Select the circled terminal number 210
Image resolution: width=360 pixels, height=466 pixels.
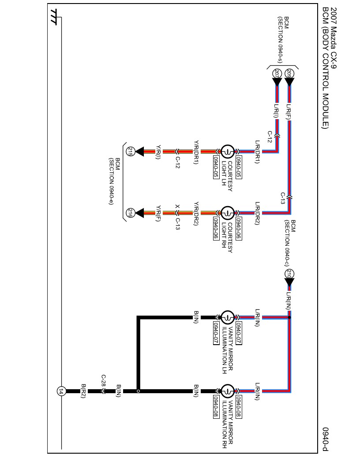pyautogui.click(x=289, y=273)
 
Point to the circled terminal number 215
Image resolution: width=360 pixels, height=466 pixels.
pyautogui.click(x=130, y=151)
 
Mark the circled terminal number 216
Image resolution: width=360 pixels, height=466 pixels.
pyautogui.click(x=130, y=213)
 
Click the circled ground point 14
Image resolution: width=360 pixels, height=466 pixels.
pyautogui.click(x=61, y=391)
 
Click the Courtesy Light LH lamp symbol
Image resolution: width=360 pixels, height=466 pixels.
pyautogui.click(x=227, y=151)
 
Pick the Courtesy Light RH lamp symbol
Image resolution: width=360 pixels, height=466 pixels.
pyautogui.click(x=227, y=213)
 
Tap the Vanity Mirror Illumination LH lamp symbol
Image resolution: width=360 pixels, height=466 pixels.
pyautogui.click(x=227, y=317)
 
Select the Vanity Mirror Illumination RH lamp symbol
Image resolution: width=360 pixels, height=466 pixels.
pyautogui.click(x=227, y=391)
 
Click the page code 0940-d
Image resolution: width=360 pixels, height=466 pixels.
pyautogui.click(x=326, y=439)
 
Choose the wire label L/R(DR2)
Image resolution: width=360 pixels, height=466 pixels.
pyautogui.click(x=257, y=213)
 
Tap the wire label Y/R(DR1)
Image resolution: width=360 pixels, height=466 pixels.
pyautogui.click(x=196, y=152)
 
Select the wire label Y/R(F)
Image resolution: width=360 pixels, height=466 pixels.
pyautogui.click(x=158, y=213)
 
